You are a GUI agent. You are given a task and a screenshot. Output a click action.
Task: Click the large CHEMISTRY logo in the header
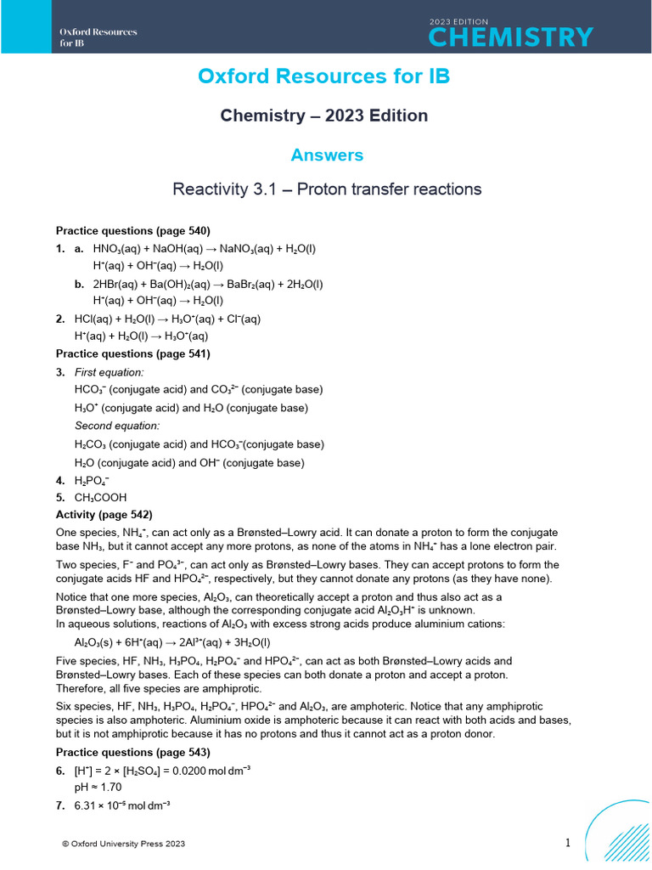click(x=510, y=37)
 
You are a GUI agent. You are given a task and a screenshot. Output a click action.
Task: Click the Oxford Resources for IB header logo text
click(x=98, y=37)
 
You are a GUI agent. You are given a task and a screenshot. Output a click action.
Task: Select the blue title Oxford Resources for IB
click(x=323, y=76)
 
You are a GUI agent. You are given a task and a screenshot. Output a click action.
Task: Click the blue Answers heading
click(x=327, y=155)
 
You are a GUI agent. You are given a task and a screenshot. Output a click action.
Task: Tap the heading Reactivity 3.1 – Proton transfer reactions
click(x=327, y=189)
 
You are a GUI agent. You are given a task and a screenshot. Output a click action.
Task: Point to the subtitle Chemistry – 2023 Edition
click(x=323, y=116)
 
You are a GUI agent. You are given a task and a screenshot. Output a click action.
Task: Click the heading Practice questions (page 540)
click(x=132, y=230)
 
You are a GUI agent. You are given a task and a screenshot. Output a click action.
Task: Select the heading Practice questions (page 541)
click(x=132, y=353)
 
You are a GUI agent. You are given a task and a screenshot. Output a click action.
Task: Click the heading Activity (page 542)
click(x=104, y=514)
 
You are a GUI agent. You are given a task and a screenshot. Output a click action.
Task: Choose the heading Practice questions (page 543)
click(x=132, y=753)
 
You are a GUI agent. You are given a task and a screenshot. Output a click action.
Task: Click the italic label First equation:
click(x=110, y=372)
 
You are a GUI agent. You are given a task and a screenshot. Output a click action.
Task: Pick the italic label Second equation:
click(x=116, y=426)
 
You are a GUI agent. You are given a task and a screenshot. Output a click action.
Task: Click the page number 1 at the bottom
click(x=568, y=843)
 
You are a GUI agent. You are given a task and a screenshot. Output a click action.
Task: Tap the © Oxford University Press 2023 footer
click(x=123, y=844)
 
